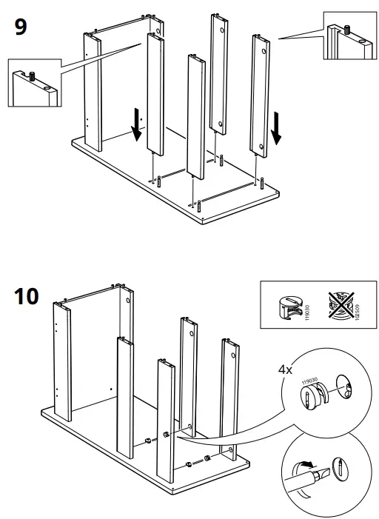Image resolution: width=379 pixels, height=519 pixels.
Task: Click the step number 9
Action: tap(21, 28)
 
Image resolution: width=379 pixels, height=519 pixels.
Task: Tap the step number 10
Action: tap(27, 295)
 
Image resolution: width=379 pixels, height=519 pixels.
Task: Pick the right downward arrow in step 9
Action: tap(277, 127)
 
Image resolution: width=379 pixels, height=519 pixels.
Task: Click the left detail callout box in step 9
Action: tap(33, 84)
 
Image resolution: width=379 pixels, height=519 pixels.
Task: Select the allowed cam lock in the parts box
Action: tap(286, 304)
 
